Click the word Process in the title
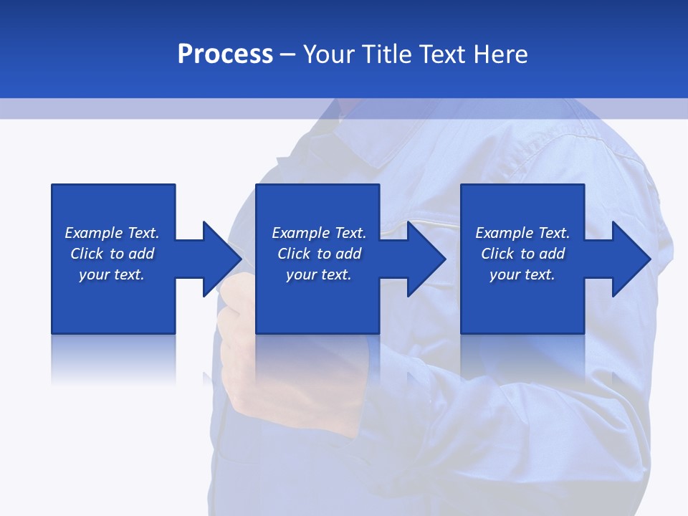[225, 54]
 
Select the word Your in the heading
[327, 54]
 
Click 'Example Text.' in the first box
[112, 233]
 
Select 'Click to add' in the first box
[112, 254]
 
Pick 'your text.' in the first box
[112, 274]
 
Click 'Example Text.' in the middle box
[319, 233]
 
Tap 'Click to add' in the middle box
[319, 254]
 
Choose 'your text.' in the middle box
[319, 274]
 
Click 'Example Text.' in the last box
[522, 233]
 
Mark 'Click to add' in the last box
[522, 254]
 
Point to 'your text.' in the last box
[522, 274]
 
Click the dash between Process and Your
[287, 55]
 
